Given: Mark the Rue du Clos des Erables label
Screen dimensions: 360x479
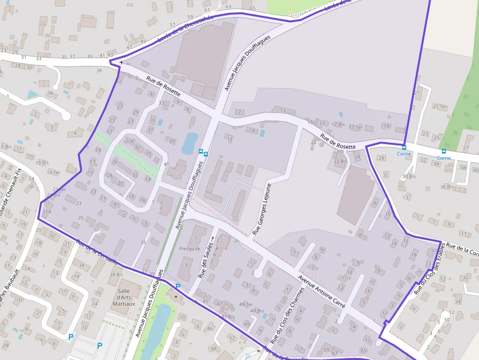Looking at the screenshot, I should click(430, 269).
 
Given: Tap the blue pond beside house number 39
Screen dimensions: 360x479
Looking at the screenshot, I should click(190, 143).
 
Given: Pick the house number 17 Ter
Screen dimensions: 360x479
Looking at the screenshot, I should click(355, 127).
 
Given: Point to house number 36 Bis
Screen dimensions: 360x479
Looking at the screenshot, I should click(446, 187).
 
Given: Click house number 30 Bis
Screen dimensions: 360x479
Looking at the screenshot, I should click(409, 176).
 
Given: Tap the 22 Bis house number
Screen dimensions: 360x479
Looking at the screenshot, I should click(340, 161).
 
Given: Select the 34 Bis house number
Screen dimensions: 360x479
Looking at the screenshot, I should click(116, 275).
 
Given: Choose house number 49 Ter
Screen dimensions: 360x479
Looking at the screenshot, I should click(246, 304).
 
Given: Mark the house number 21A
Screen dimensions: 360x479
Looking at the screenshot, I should click(46, 212).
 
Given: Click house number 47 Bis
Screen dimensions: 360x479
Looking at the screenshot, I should click(228, 317).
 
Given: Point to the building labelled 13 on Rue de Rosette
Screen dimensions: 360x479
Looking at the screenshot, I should click(283, 110).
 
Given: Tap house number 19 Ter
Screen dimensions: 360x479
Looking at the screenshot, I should click(53, 172).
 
